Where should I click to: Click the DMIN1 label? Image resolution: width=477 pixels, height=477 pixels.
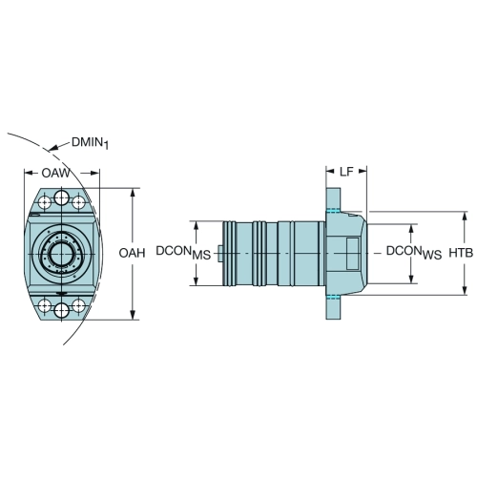pyautogui.click(x=90, y=143)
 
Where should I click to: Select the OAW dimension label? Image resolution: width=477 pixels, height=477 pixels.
pyautogui.click(x=55, y=173)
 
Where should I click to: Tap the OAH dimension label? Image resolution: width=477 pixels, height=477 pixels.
pyautogui.click(x=132, y=253)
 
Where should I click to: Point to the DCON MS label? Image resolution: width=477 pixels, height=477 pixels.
pyautogui.click(x=183, y=253)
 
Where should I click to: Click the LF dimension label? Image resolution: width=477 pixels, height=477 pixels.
pyautogui.click(x=346, y=172)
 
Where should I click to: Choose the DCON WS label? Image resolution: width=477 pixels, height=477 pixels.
pyautogui.click(x=414, y=253)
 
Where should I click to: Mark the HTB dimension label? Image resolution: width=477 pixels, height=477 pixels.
pyautogui.click(x=461, y=253)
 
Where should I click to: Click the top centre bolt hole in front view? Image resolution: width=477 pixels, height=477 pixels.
pyautogui.click(x=62, y=198)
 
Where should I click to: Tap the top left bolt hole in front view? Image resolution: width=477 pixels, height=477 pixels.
pyautogui.click(x=45, y=202)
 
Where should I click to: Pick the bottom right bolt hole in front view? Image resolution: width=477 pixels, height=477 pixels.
pyautogui.click(x=78, y=306)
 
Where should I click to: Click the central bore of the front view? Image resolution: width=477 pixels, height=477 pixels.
pyautogui.click(x=62, y=254)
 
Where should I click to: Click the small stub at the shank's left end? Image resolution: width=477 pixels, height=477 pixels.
pyautogui.click(x=220, y=254)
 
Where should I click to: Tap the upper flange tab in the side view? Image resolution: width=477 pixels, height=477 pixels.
pyautogui.click(x=333, y=198)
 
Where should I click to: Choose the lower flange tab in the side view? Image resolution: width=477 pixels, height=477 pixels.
pyautogui.click(x=333, y=308)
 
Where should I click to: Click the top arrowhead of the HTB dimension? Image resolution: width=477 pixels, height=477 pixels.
pyautogui.click(x=465, y=216)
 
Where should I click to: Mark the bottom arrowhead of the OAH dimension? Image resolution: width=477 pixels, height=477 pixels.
pyautogui.click(x=134, y=315)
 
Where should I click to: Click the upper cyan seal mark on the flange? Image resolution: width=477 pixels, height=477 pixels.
pyautogui.click(x=333, y=210)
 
